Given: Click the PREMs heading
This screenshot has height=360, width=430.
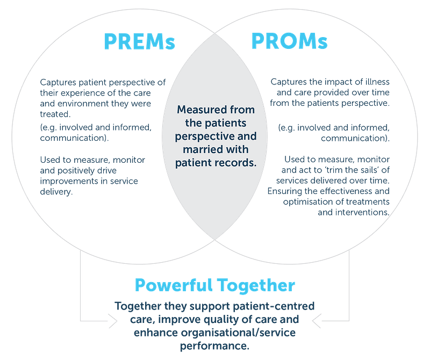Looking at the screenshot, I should pyautogui.click(x=140, y=42).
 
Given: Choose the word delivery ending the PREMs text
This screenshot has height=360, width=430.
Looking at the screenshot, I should pyautogui.click(x=56, y=192).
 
